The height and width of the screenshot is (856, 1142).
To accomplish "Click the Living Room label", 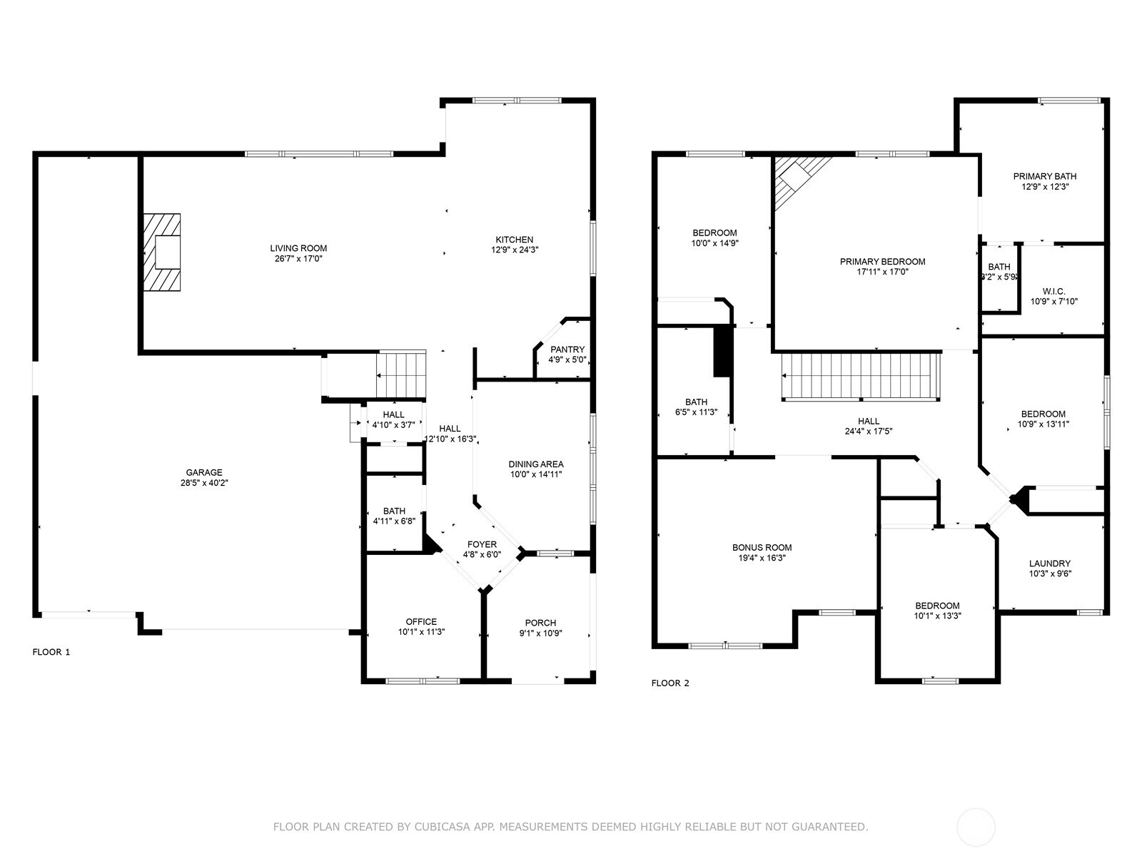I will [298, 248].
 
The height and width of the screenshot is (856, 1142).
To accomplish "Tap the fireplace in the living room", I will [162, 253].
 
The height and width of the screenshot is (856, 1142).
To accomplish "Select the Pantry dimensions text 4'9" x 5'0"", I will [567, 360].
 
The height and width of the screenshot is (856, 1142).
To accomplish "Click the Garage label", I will [204, 472].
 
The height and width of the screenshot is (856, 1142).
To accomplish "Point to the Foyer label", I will [482, 544].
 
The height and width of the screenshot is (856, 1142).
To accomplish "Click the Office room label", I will [421, 621].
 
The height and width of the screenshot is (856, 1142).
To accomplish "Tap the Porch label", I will [540, 623].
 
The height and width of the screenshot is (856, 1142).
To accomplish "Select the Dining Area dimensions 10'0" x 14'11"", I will [536, 474].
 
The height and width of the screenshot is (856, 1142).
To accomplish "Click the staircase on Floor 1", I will [401, 374].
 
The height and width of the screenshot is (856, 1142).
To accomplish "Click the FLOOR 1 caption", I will [51, 652].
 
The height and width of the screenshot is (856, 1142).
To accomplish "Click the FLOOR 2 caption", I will [670, 683].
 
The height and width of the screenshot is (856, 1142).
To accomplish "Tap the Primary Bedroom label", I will [882, 262].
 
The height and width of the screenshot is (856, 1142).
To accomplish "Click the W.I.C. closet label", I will [1053, 291].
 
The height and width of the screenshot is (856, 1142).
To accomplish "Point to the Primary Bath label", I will [1045, 176].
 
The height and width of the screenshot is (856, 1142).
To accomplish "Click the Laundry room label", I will [1050, 564].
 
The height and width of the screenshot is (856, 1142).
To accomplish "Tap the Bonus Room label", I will [762, 548].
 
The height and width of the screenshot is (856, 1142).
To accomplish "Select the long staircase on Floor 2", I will [860, 376].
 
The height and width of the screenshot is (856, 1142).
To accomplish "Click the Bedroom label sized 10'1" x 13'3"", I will [938, 606].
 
